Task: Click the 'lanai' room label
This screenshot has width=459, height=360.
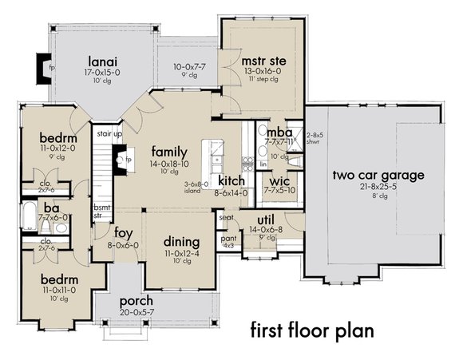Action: tap(105, 58)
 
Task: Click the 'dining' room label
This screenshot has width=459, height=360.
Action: tap(181, 241)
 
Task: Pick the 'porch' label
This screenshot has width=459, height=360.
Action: tap(136, 302)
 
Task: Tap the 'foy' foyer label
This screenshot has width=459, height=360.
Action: tap(124, 234)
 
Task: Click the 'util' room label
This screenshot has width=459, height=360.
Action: tap(266, 219)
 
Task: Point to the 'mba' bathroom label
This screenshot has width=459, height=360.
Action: tap(277, 133)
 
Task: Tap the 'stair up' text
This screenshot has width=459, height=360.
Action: tap(108, 135)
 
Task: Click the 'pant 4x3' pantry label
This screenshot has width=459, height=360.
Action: tap(228, 240)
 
